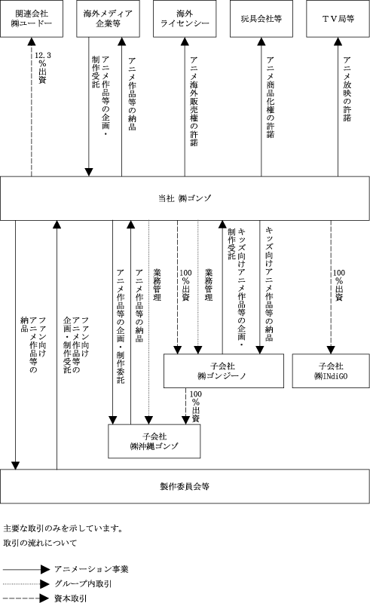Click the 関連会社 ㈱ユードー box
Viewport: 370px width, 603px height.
[x=32, y=18]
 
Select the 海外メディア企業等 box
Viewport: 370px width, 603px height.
[x=108, y=18]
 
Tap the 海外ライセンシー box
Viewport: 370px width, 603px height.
[x=185, y=18]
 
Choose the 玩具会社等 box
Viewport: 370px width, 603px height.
[x=261, y=18]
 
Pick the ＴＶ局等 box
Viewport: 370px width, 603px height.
[x=338, y=18]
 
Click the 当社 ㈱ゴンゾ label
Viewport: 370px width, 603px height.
[x=185, y=198]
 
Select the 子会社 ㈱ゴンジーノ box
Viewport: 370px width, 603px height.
[x=224, y=371]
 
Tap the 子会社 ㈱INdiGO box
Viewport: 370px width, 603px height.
[x=331, y=371]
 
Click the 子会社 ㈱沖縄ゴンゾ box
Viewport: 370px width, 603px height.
[x=154, y=441]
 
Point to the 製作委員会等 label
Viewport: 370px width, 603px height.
[x=185, y=486]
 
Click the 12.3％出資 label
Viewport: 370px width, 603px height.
[x=42, y=68]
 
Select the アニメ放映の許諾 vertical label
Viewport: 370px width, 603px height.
[x=347, y=89]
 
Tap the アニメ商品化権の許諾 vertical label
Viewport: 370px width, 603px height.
[x=271, y=97]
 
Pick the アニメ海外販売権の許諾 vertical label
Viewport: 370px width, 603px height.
[x=194, y=102]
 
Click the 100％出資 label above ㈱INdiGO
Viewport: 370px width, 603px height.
[x=339, y=285]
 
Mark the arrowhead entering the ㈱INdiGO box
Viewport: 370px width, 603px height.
[x=331, y=350]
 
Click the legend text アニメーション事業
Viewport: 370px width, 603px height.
[x=91, y=569]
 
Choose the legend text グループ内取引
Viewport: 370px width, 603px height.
[x=83, y=583]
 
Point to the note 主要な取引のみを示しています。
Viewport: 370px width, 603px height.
[x=63, y=528]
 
